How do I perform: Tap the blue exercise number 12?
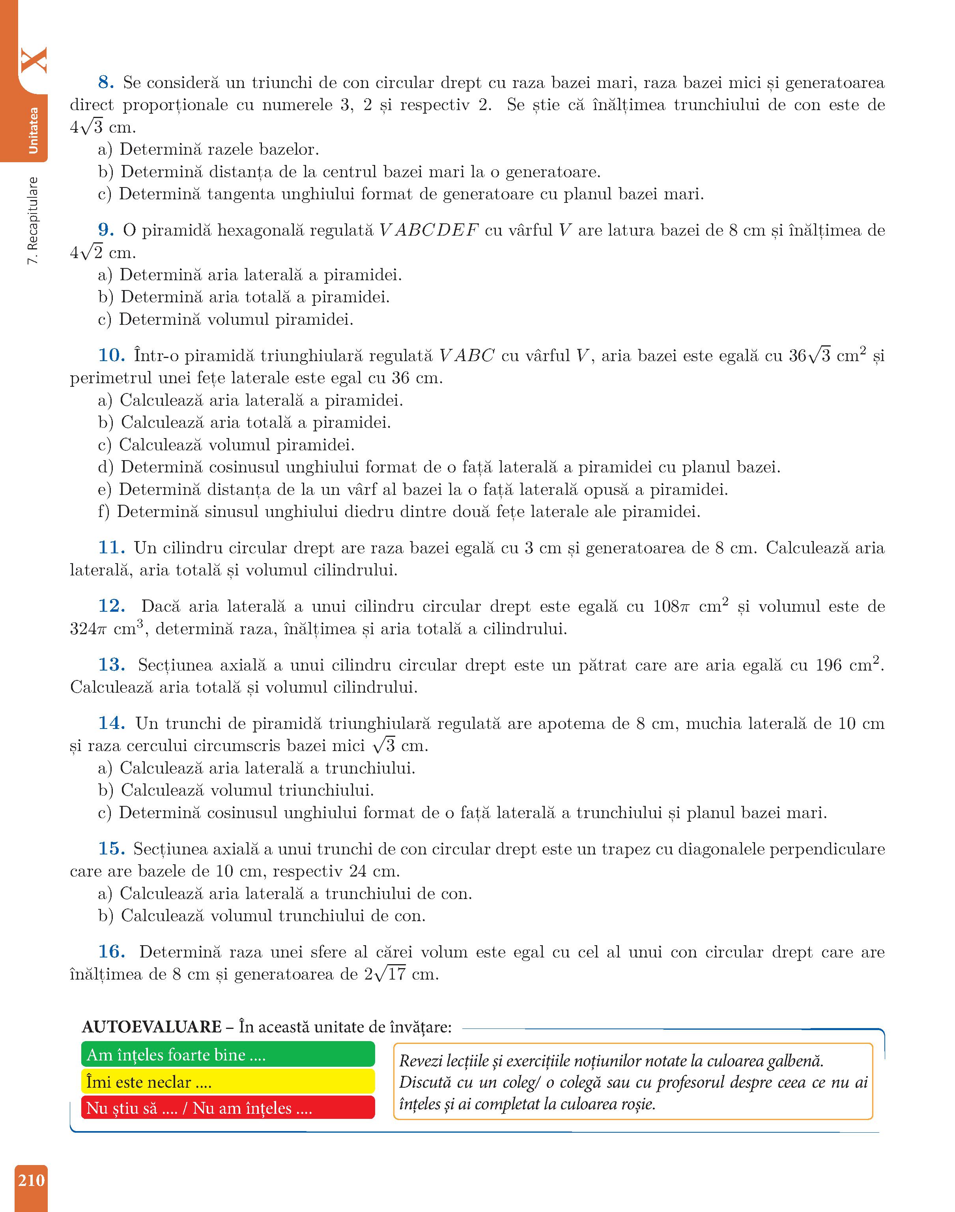(111, 606)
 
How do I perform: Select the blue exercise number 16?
(111, 952)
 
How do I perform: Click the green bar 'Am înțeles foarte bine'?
(228, 1054)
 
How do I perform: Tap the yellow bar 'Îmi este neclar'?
(228, 1082)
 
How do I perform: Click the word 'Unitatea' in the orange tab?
(34, 130)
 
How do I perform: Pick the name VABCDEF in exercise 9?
(429, 230)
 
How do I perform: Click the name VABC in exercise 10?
(467, 356)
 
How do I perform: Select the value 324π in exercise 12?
(88, 629)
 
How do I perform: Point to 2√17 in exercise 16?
(385, 974)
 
